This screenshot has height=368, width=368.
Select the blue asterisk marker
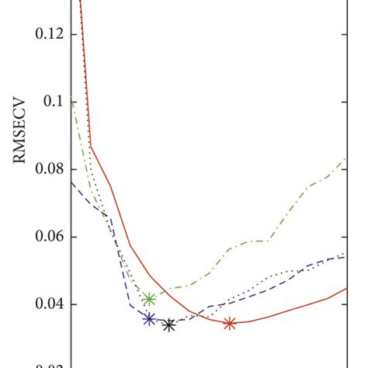(x=150, y=318)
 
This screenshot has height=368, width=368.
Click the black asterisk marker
(x=169, y=325)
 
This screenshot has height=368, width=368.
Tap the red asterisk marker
(x=230, y=324)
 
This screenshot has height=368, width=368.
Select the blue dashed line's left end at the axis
(x=71, y=182)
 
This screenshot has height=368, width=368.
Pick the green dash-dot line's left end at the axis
(x=71, y=99)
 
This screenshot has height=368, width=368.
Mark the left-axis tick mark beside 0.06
(x=73, y=237)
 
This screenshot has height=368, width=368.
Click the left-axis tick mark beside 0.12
(x=73, y=34)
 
